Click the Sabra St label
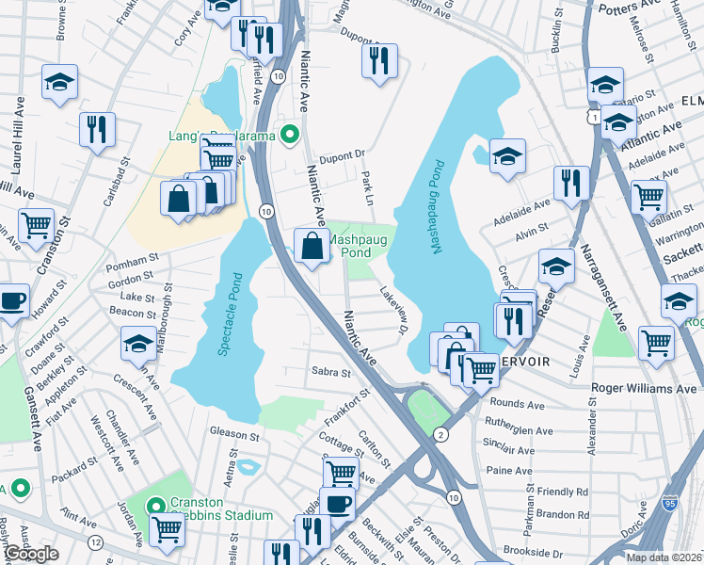tap(330, 373)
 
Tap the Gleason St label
tap(234, 436)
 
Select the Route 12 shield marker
tap(95, 541)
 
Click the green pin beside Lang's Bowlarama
tap(291, 136)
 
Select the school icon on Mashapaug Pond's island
tap(507, 155)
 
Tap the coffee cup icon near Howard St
tap(12, 301)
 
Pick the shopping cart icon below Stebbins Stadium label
tap(167, 529)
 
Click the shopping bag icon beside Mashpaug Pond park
tap(311, 246)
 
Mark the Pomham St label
tap(133, 259)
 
